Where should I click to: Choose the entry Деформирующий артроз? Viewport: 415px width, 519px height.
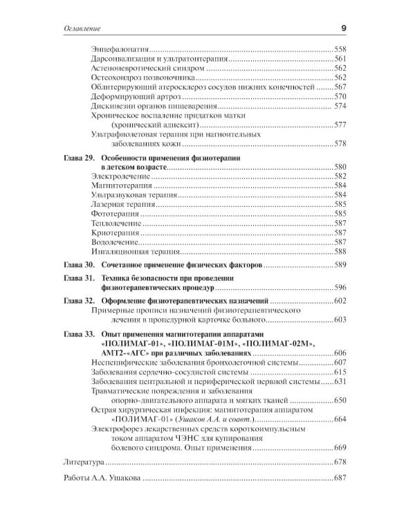(x=130, y=96)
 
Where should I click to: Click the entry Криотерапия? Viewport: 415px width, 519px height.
(x=115, y=234)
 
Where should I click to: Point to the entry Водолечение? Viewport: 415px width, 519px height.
(x=115, y=243)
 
